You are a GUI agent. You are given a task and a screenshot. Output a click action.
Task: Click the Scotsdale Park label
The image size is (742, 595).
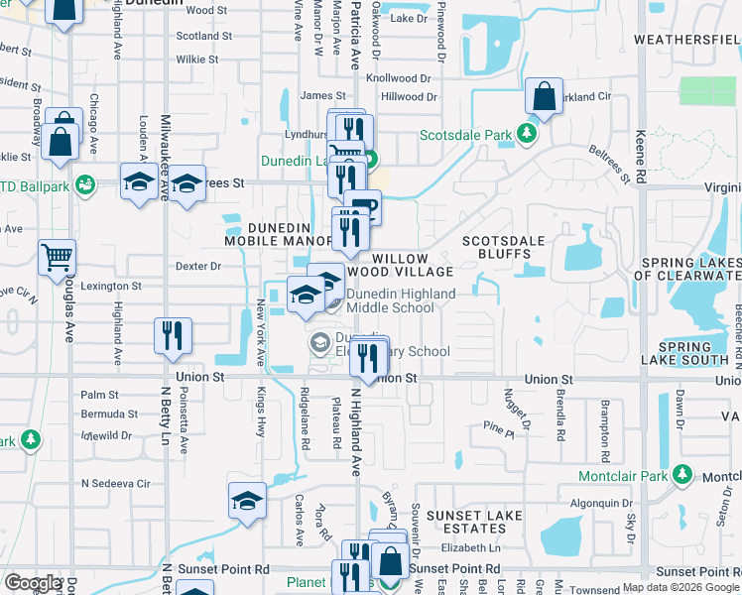pos(465,135)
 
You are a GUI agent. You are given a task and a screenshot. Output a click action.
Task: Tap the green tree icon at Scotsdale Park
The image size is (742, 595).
pos(531,135)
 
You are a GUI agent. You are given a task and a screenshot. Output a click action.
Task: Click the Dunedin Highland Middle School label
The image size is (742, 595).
pos(401,300)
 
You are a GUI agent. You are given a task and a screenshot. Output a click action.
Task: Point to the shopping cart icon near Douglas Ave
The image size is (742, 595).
pos(57,257)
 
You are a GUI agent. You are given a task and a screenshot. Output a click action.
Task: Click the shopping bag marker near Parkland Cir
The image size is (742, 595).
pos(545,98)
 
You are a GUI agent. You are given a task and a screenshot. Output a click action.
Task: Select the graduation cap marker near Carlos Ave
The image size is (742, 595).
pos(247,501)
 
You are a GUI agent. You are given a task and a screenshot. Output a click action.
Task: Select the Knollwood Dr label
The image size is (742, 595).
pos(401,76)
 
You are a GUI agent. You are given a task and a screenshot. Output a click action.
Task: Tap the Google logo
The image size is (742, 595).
pos(33,583)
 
